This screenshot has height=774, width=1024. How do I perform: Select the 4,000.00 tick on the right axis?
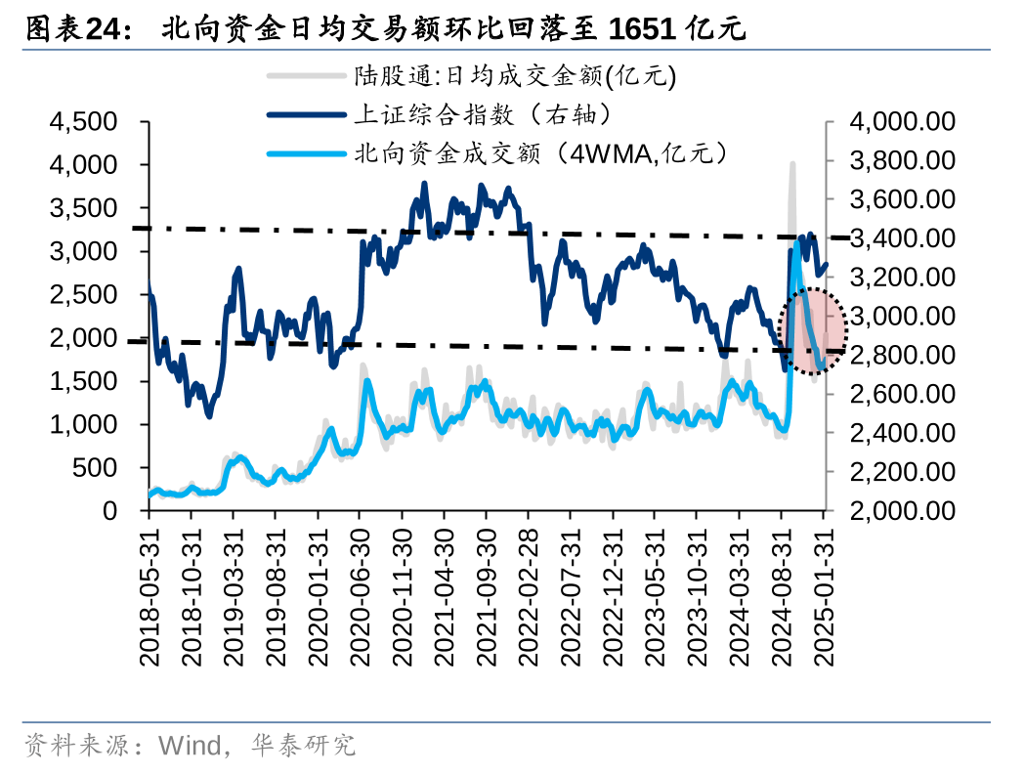click(x=902, y=122)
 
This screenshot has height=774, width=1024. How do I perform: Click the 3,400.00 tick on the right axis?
click(x=902, y=238)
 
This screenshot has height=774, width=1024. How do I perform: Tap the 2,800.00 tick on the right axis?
click(x=902, y=355)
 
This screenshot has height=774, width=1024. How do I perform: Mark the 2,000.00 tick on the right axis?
click(x=902, y=511)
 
